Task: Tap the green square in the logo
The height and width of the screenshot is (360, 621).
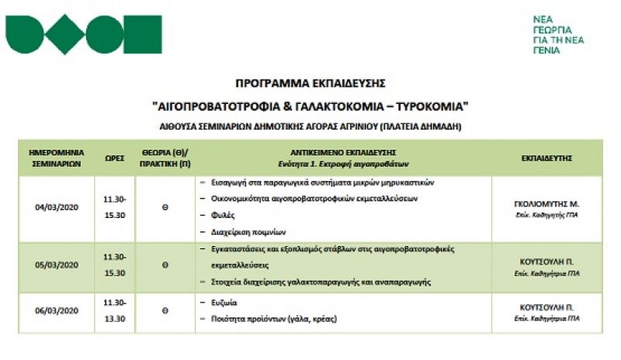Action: coord(139,34)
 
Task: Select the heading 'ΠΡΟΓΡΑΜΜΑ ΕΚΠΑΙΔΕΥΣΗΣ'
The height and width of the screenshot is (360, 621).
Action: coord(310,82)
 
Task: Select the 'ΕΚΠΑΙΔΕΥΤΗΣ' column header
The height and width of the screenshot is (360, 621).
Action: coord(546,157)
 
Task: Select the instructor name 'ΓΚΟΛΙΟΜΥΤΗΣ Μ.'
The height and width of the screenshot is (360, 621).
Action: coord(546,203)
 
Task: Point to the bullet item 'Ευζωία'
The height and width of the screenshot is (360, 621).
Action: coord(224,302)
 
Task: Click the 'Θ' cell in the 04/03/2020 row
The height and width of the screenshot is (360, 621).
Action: coord(165,207)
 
